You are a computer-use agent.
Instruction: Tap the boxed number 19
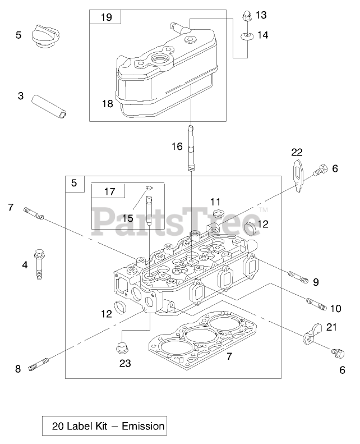point(106,17)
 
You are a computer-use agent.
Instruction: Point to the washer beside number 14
point(244,36)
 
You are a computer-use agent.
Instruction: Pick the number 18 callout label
point(107,104)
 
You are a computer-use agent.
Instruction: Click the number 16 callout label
point(177,147)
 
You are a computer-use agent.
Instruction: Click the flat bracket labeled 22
point(298,173)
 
